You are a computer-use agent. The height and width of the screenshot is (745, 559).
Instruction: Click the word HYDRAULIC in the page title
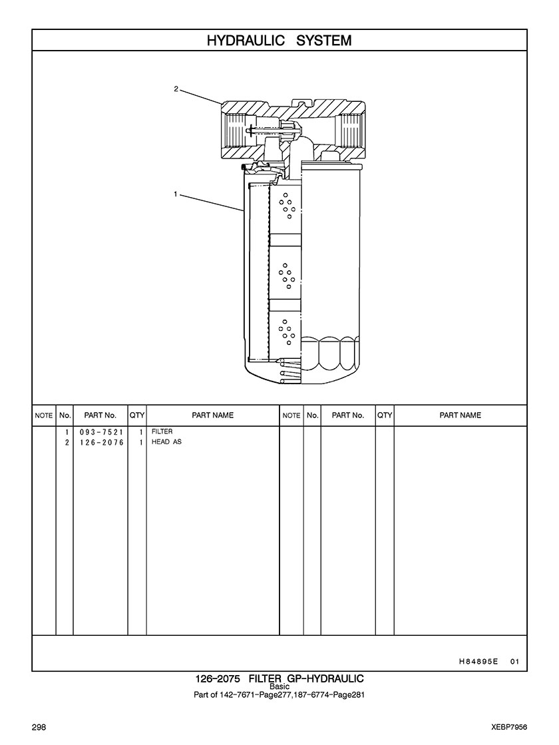(246, 41)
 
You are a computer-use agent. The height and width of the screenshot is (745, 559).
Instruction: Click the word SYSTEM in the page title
(324, 41)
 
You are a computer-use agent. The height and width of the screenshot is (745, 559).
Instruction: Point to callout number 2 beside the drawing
(176, 89)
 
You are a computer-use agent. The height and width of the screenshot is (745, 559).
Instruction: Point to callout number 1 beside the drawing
(176, 194)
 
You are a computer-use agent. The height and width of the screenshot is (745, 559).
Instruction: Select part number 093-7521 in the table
(100, 432)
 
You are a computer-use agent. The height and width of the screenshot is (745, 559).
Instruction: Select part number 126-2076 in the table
(100, 442)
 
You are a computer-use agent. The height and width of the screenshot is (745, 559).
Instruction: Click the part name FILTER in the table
(162, 431)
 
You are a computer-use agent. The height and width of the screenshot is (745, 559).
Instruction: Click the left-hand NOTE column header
(44, 415)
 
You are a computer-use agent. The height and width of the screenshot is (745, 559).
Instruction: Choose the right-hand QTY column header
(384, 415)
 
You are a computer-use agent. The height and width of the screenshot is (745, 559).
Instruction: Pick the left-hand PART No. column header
(100, 415)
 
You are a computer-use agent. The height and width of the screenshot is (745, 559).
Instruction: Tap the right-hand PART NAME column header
(461, 415)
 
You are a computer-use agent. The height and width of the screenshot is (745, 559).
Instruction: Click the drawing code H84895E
(478, 661)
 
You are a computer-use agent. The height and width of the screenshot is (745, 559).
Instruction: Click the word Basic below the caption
(279, 686)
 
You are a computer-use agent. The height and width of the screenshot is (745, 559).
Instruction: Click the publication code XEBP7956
(510, 728)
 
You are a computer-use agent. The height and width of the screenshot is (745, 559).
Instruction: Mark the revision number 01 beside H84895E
(515, 661)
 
